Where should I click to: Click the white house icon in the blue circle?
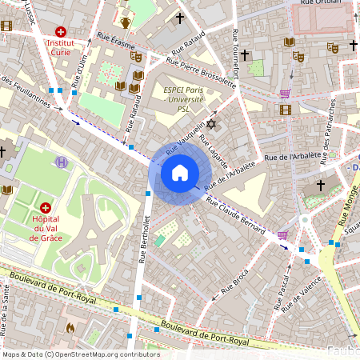[179, 173]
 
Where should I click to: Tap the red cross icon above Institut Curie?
[61, 31]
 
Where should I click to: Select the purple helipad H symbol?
[62, 162]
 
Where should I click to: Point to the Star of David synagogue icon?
[211, 124]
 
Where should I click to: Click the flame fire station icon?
[70, 327]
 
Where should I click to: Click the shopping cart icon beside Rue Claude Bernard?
[282, 235]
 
